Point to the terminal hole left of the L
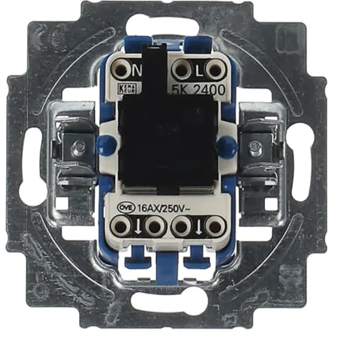182,71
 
